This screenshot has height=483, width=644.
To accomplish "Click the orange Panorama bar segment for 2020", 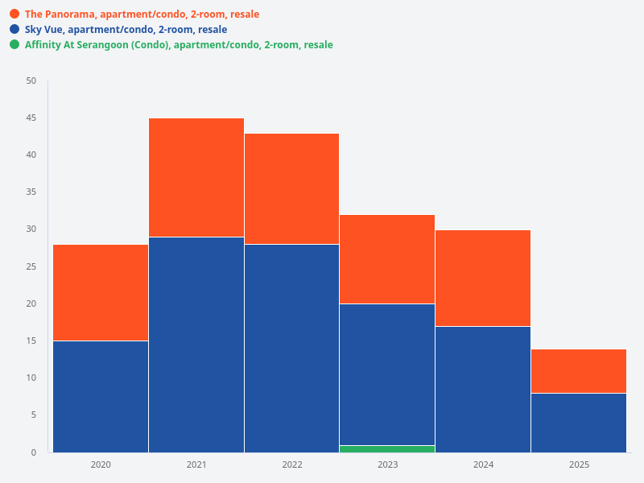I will tap(101, 292).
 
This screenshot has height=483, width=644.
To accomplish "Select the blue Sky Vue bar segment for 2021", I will tap(196, 345).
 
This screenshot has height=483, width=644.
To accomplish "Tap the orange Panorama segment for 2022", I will tap(291, 188).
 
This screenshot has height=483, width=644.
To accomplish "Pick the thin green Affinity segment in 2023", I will tap(387, 448).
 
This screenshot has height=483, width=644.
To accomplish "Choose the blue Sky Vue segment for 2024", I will tap(483, 389).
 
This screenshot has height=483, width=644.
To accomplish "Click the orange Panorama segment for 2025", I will tap(579, 371).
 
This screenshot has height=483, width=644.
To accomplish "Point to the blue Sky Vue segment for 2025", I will tap(579, 423).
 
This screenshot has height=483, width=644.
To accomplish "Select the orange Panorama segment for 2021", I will tap(196, 177).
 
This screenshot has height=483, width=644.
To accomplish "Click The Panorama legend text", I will tap(142, 14).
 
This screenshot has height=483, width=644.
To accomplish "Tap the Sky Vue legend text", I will tap(126, 30).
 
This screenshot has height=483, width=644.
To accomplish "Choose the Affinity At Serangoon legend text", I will tap(179, 45).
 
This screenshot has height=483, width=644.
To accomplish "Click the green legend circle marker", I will tap(14, 45).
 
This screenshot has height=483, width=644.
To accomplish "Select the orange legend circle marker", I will tap(14, 14).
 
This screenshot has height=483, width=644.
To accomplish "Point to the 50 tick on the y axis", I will tap(31, 80).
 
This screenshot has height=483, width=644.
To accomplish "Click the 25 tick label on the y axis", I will tap(31, 266).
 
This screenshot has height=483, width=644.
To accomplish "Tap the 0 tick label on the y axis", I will tap(34, 452).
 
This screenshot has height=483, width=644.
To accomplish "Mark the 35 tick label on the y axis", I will tap(31, 192).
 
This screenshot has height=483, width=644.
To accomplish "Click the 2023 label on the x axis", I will tap(387, 465).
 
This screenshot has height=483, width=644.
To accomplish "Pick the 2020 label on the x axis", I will tap(101, 465).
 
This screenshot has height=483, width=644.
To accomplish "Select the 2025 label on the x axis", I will tap(579, 465).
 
